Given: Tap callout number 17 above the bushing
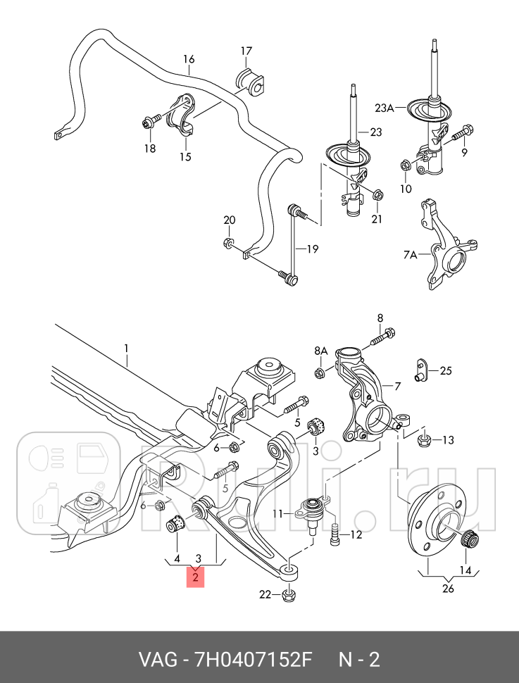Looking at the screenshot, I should click(246, 51).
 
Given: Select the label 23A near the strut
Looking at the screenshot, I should click(384, 108).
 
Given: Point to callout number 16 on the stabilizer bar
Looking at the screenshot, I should click(189, 59).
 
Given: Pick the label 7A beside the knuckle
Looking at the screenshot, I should click(411, 254).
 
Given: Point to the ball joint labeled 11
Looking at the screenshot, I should click(312, 510).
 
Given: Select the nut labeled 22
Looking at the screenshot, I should click(287, 595).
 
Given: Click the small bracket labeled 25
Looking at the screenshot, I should click(420, 369).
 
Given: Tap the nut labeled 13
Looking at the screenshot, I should click(425, 441).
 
